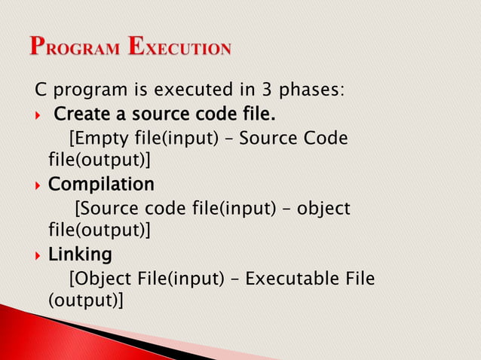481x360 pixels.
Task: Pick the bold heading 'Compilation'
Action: click(x=101, y=185)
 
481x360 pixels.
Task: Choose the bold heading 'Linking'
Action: click(x=80, y=254)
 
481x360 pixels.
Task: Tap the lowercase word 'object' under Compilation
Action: click(x=325, y=209)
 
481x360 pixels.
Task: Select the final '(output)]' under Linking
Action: click(x=85, y=301)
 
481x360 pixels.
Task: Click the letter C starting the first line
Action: click(x=41, y=92)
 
